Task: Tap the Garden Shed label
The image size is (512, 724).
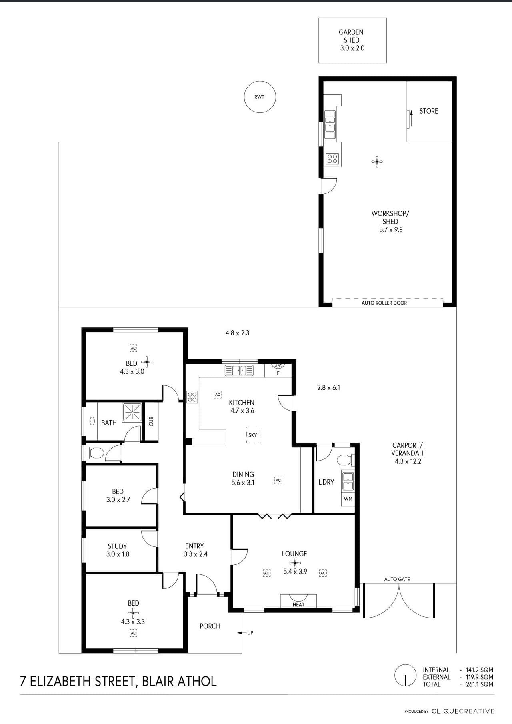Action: pyautogui.click(x=351, y=36)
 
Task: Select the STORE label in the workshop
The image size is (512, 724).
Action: pyautogui.click(x=429, y=111)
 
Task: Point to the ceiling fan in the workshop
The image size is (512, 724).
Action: pyautogui.click(x=377, y=162)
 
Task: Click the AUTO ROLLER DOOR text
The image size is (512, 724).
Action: pyautogui.click(x=384, y=303)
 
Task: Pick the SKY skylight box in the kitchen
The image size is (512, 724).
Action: pyautogui.click(x=253, y=435)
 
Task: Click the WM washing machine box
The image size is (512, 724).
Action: pyautogui.click(x=348, y=499)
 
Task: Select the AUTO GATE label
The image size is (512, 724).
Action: pyautogui.click(x=397, y=579)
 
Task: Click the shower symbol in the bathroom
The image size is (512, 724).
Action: pyautogui.click(x=132, y=412)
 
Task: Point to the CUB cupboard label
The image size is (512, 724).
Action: pyautogui.click(x=151, y=421)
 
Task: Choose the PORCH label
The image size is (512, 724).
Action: pyautogui.click(x=210, y=626)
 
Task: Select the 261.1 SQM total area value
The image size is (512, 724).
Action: pyautogui.click(x=479, y=684)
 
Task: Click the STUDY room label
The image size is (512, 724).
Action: pyautogui.click(x=117, y=546)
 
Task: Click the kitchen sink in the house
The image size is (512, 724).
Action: pyautogui.click(x=239, y=371)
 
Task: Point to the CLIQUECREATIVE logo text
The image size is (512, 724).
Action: pyautogui.click(x=463, y=711)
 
